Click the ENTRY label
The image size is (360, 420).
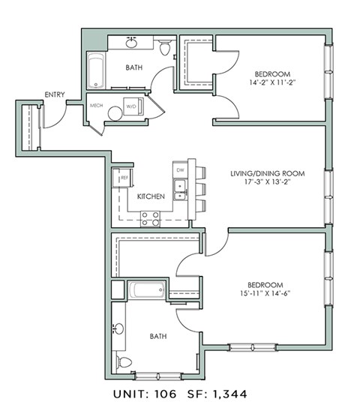pyautogui.click(x=55, y=94)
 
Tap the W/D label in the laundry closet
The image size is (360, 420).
pyautogui.click(x=131, y=106)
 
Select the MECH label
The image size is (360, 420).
pyautogui.click(x=96, y=106)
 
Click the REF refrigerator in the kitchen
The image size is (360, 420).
pyautogui.click(x=118, y=178)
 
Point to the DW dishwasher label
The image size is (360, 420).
pyautogui.click(x=180, y=170)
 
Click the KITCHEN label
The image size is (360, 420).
pyautogui.click(x=151, y=196)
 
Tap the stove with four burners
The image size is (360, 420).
pyautogui.click(x=150, y=218)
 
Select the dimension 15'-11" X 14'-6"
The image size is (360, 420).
pyautogui.click(x=267, y=293)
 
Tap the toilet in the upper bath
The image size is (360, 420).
pyautogui.click(x=166, y=48)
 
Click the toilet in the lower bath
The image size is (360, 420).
pyautogui.click(x=125, y=363)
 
